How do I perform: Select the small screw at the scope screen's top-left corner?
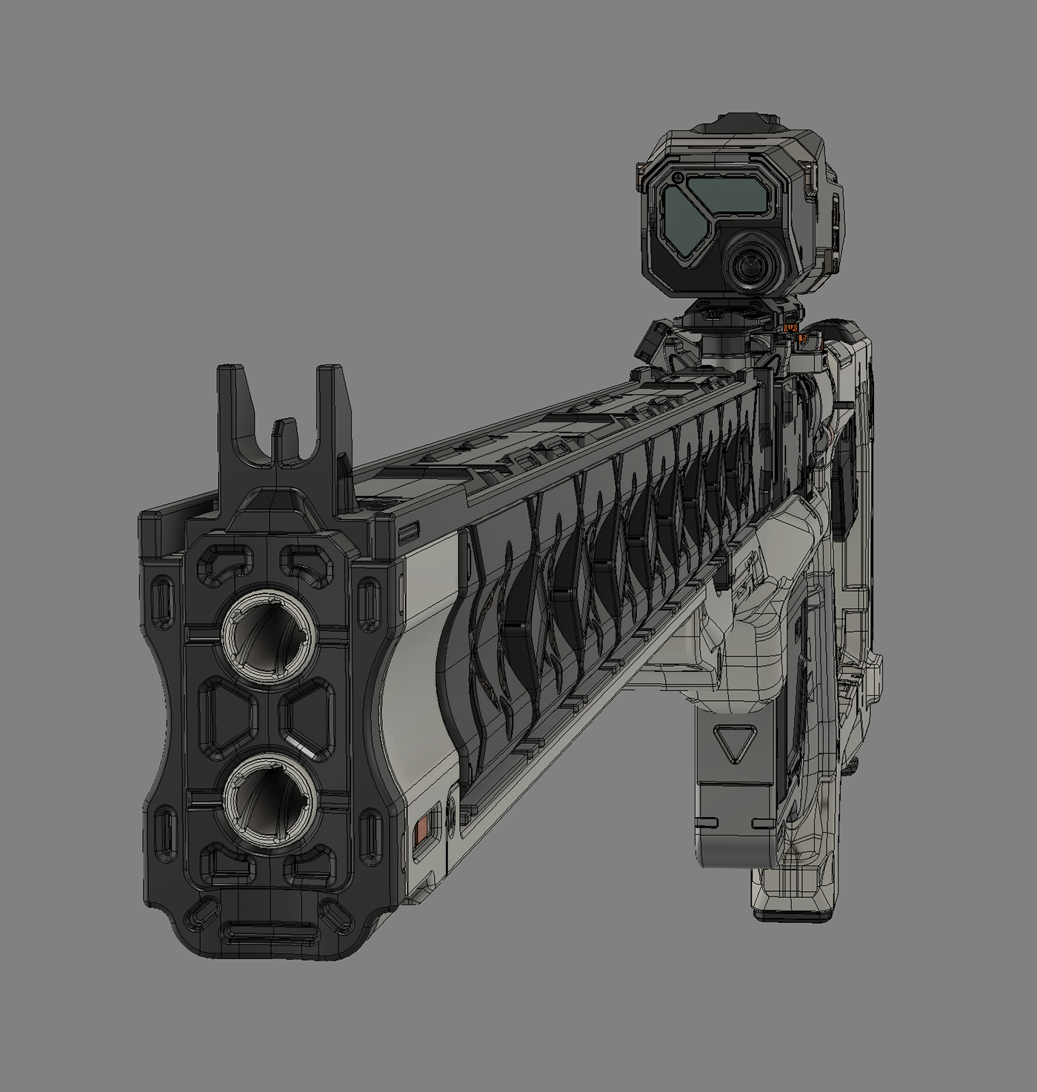[x=676, y=179]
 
